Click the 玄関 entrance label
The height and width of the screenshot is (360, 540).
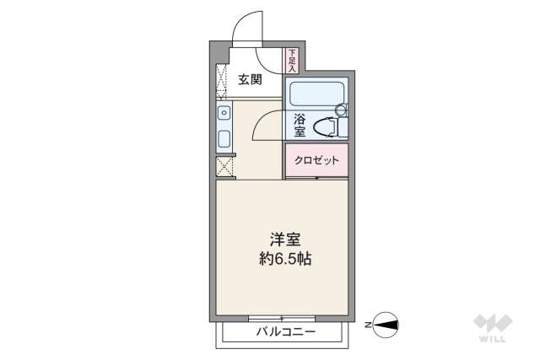tap(249, 80)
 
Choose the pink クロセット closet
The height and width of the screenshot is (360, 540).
tap(316, 160)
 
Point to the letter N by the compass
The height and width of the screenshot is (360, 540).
tap(368, 323)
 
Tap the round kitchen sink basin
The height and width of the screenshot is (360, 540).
tap(224, 113)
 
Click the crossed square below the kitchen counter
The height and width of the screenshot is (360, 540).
tap(224, 166)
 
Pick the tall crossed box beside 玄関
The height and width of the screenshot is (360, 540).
tap(222, 81)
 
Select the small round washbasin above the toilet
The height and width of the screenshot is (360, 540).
tap(342, 109)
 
